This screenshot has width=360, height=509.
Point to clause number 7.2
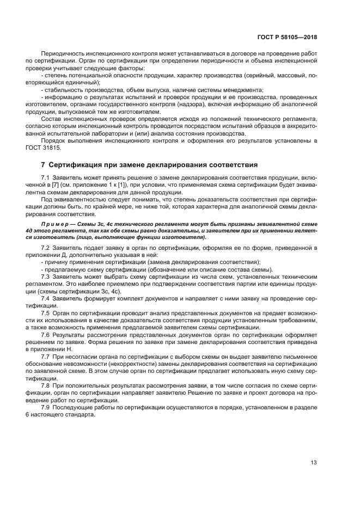[46, 248]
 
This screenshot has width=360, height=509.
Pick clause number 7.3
[46, 277]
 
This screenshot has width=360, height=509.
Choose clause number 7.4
[46, 298]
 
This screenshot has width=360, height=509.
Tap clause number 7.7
[46, 355]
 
